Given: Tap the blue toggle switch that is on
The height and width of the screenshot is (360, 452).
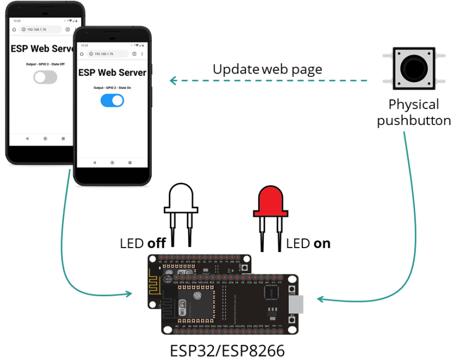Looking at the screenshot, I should [112, 100].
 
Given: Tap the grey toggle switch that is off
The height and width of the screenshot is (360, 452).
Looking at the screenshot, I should [45, 77].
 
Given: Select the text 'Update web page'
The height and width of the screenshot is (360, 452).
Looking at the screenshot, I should [267, 69].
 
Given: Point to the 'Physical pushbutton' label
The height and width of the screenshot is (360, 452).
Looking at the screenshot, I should [414, 112].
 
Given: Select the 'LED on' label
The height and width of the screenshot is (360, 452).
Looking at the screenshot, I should [308, 243].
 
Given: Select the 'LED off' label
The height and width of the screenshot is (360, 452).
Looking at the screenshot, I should [142, 243].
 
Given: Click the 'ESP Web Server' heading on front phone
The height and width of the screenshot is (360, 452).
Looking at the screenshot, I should [112, 73].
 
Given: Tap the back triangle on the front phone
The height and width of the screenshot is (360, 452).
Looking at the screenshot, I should [94, 163].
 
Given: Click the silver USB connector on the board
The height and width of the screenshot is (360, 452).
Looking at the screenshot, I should [296, 303].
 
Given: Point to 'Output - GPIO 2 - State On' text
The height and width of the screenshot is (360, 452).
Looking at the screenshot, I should [112, 88].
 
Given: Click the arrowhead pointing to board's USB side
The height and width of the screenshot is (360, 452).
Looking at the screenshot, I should [320, 299].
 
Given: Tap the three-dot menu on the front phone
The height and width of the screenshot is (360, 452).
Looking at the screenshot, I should [142, 54].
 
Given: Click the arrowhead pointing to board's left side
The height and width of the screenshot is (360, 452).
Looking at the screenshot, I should [129, 294].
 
